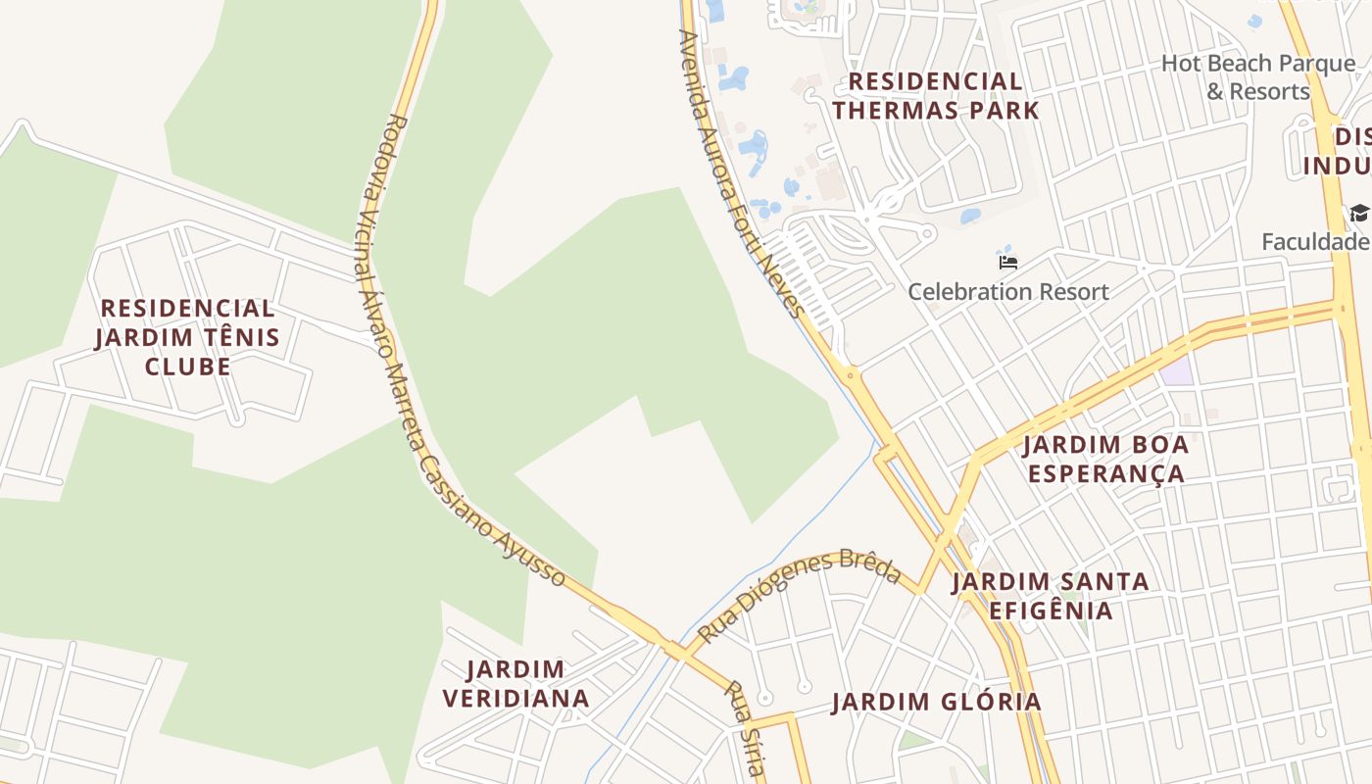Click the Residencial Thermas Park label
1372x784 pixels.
pos(936,95)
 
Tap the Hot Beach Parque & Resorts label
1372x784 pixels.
pos(1258,77)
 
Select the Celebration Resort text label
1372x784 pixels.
pos(1008,291)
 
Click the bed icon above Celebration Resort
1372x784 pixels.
pos(1008,262)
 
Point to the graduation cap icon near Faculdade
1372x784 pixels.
pos(1359,214)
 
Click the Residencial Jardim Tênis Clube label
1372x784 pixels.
pos(187,337)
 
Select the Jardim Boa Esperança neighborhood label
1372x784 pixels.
pos(1105,459)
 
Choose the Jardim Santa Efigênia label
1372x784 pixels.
pos(1051,596)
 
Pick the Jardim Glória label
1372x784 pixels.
pos(936,702)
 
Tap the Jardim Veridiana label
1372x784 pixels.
pos(515,684)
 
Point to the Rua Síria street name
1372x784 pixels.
pos(743,727)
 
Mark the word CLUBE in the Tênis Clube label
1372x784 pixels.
pos(188,367)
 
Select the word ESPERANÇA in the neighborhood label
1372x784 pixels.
pos(1105,474)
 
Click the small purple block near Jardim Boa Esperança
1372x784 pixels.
pos(1176,370)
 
